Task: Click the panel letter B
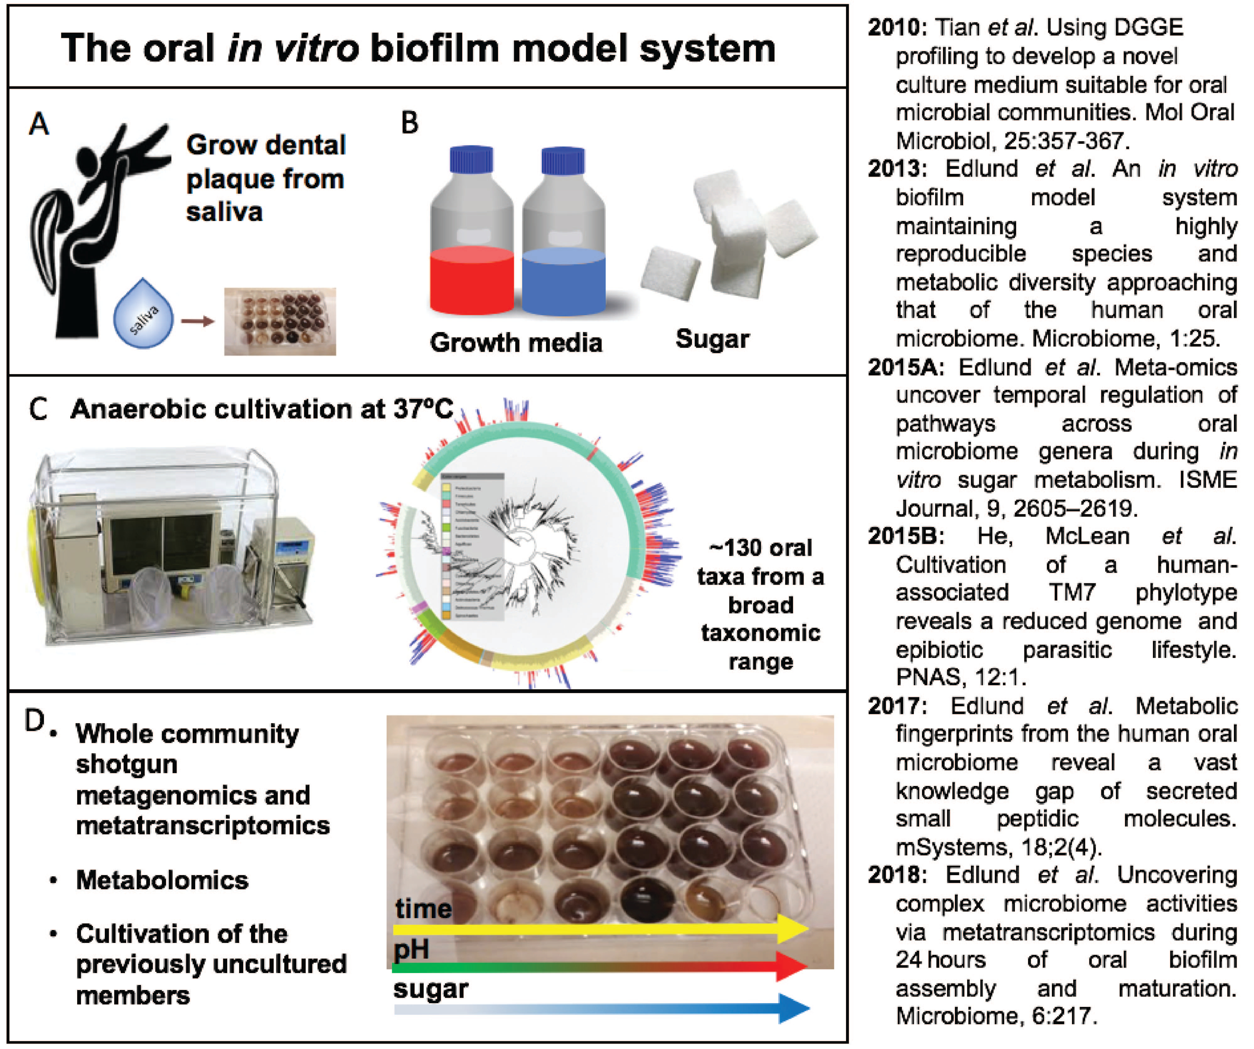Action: coord(410,123)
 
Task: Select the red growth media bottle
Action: coord(472,239)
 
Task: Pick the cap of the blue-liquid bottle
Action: coord(562,160)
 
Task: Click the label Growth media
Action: coord(516,343)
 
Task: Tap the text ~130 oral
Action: coord(760,548)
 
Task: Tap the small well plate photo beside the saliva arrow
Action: coord(280,321)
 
